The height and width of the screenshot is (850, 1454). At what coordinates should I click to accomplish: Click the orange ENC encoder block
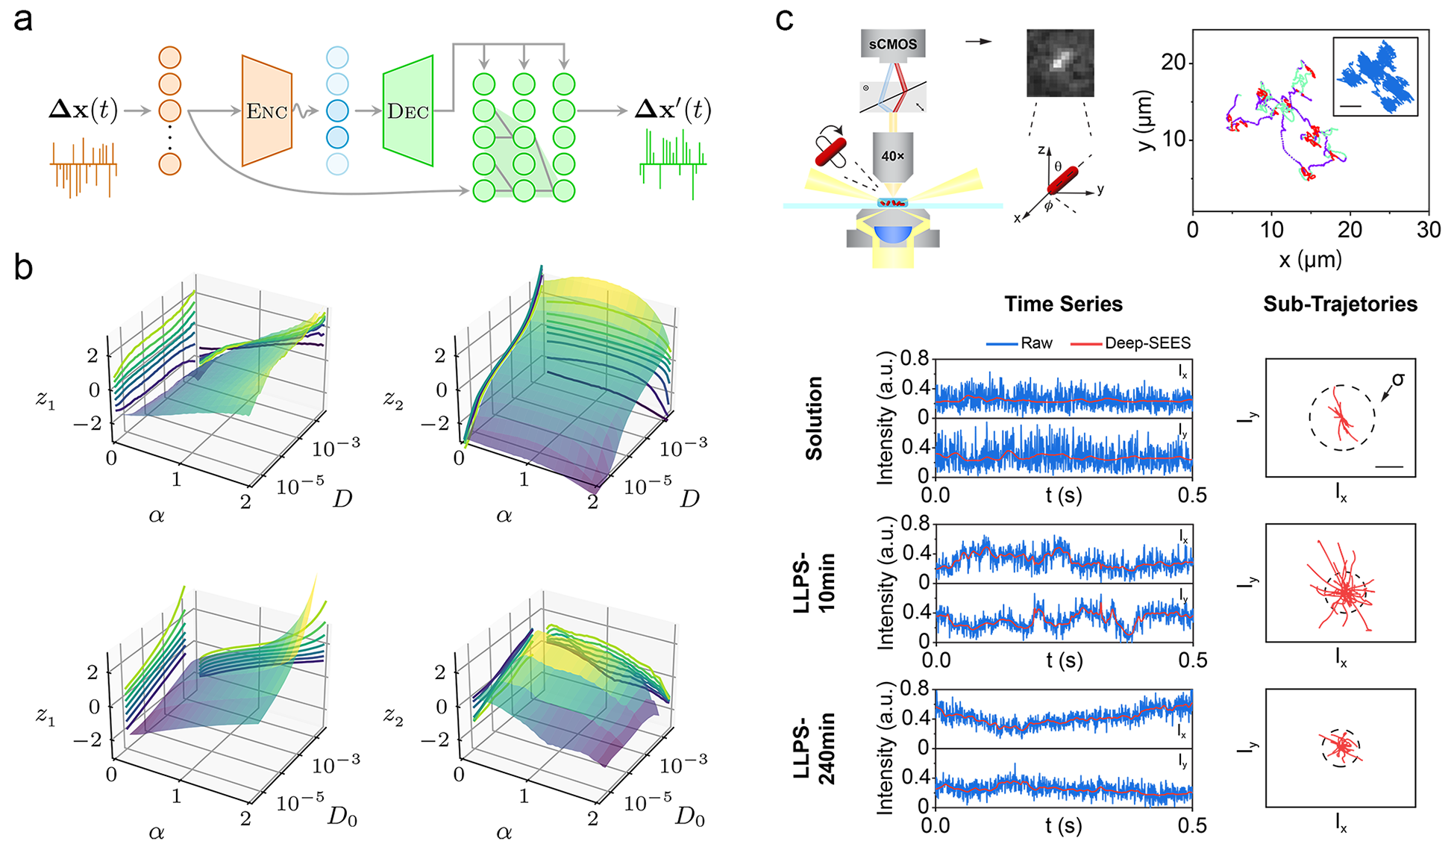(x=266, y=110)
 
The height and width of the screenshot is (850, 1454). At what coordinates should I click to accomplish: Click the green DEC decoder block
(x=407, y=110)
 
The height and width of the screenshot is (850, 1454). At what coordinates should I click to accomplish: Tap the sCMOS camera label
(x=892, y=44)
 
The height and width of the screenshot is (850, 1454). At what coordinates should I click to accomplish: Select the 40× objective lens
(x=892, y=156)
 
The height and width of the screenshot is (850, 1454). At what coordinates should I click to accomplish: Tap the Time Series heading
(x=1063, y=304)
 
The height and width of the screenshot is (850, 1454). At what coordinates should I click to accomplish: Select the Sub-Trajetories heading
(x=1340, y=304)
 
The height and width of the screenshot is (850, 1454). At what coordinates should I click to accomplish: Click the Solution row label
(x=814, y=418)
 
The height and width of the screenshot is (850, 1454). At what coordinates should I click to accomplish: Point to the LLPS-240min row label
(x=814, y=749)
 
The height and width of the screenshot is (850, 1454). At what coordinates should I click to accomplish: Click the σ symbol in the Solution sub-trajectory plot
(x=1397, y=380)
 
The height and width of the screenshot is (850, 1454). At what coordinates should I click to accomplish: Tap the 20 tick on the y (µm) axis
(x=1173, y=62)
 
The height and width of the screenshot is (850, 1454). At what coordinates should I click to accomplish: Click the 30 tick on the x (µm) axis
(x=1428, y=230)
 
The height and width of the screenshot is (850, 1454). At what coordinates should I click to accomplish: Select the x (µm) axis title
(x=1310, y=259)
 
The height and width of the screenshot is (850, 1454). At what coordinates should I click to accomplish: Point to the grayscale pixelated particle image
(x=1060, y=63)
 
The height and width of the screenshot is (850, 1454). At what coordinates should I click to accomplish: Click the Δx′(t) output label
(x=673, y=110)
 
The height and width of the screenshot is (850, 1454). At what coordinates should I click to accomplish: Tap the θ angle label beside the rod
(x=1058, y=166)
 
